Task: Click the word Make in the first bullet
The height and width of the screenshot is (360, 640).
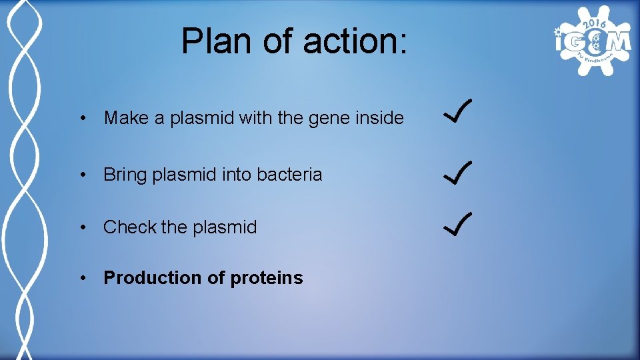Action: point(127,119)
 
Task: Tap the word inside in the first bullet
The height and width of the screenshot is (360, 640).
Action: point(379,119)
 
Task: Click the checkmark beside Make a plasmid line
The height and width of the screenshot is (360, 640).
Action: point(458,111)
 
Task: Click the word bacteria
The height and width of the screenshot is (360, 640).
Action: point(289,175)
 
